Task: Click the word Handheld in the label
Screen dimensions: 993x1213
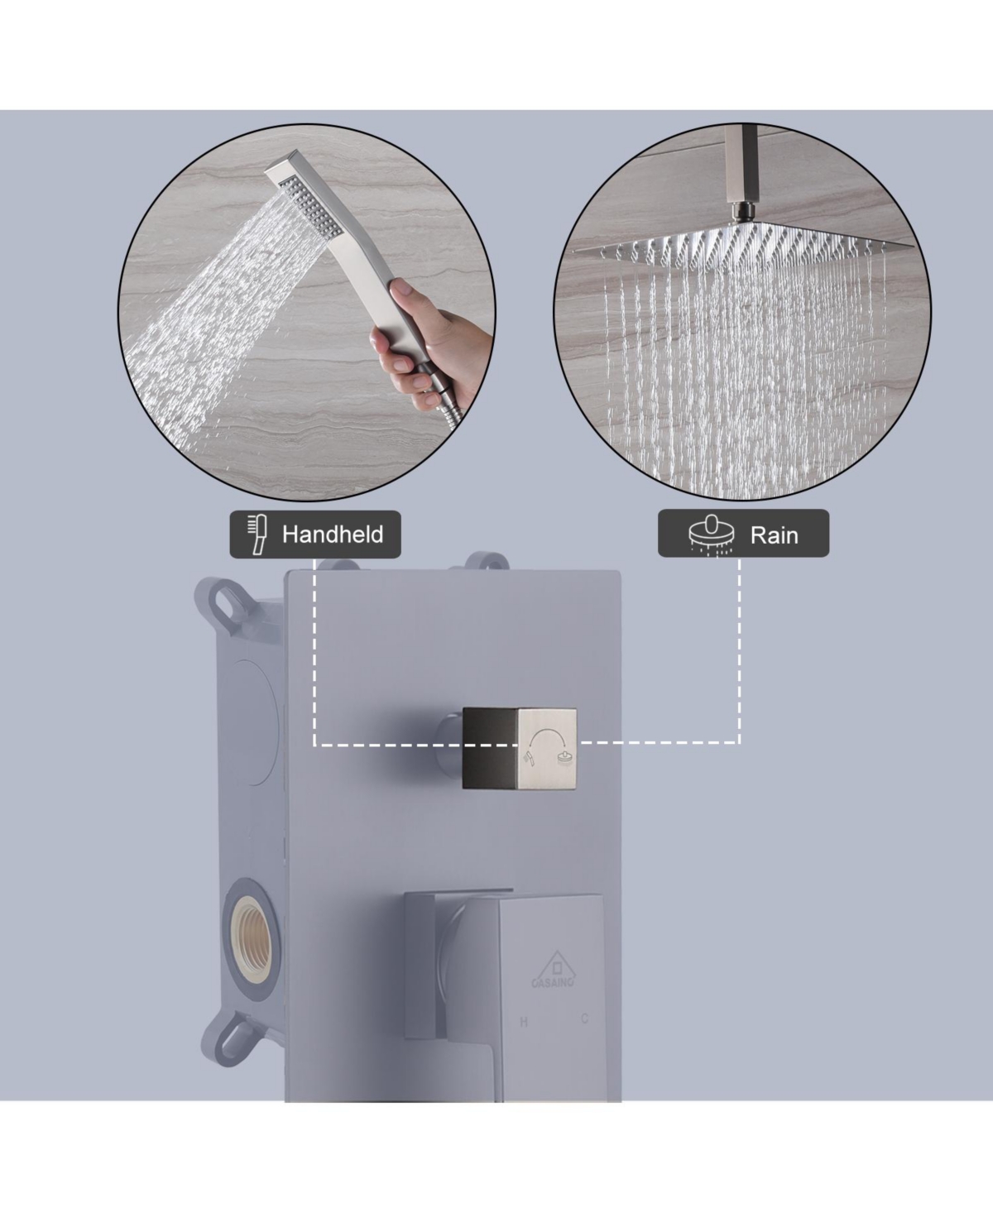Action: pyautogui.click(x=333, y=535)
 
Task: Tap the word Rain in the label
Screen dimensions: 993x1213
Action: pyautogui.click(x=774, y=535)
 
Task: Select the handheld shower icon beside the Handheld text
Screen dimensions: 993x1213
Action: pyautogui.click(x=257, y=535)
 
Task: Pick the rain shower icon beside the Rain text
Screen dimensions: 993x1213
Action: pyautogui.click(x=712, y=535)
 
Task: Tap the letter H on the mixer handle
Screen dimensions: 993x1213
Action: pyautogui.click(x=524, y=1023)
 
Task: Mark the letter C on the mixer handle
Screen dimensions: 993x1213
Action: pyautogui.click(x=584, y=1019)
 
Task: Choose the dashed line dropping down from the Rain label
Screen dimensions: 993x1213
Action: pyautogui.click(x=739, y=650)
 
